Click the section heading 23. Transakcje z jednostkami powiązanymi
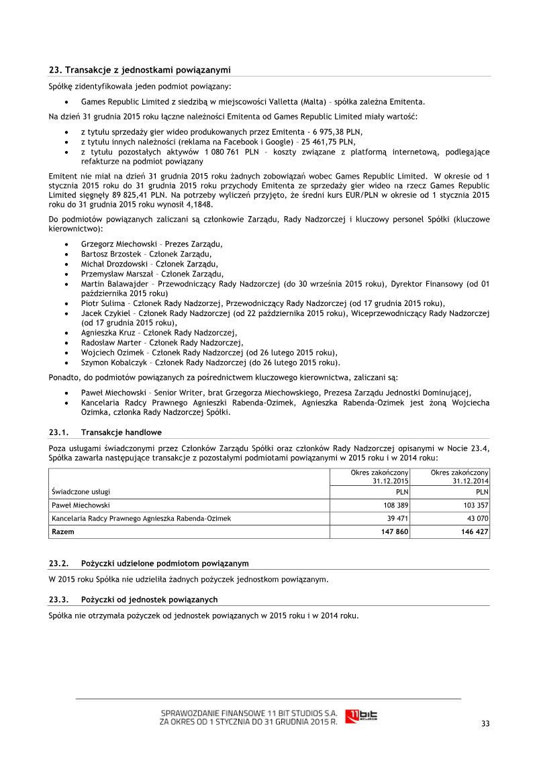(140, 69)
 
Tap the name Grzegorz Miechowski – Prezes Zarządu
(152, 244)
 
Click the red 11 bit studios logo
(360, 716)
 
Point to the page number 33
(485, 723)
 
